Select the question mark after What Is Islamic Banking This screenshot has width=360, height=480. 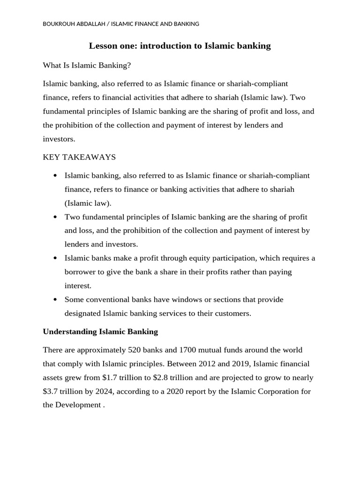tap(129, 66)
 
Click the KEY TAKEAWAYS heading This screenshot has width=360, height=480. tap(79, 157)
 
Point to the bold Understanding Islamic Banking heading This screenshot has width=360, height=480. tap(100, 332)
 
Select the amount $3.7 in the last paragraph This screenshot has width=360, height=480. tap(52, 391)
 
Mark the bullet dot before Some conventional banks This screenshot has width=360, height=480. tap(55, 300)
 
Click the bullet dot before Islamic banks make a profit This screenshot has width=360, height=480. tap(55, 258)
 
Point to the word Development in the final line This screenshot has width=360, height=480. tap(78, 405)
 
